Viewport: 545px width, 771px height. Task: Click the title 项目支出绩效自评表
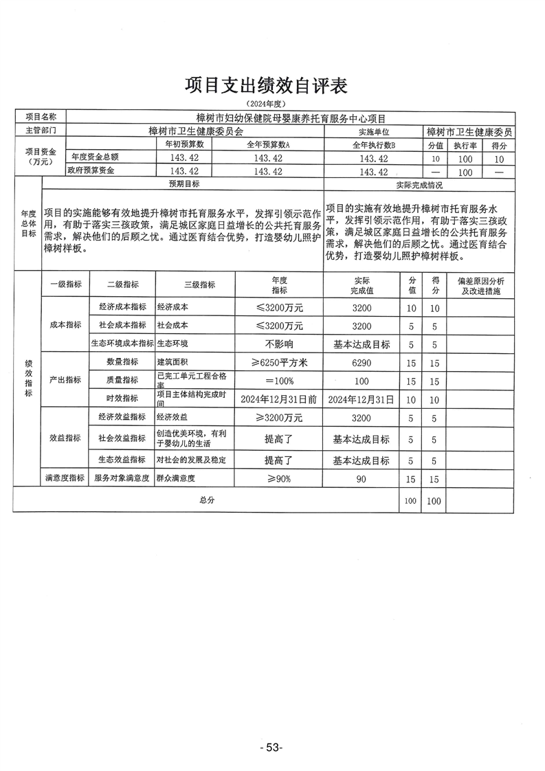[x=267, y=85]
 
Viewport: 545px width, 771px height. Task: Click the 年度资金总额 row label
[x=92, y=157]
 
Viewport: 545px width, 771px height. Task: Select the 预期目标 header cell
[x=184, y=185]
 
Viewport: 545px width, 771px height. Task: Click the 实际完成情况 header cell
[x=419, y=185]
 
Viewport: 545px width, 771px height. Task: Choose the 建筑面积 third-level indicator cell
[x=173, y=362]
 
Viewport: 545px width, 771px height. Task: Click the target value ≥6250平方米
[x=279, y=362]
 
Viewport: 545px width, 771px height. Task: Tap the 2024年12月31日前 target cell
[x=279, y=399]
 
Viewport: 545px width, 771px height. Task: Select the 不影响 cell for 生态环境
[x=279, y=344]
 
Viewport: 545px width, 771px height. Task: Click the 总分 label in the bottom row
[x=207, y=500]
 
